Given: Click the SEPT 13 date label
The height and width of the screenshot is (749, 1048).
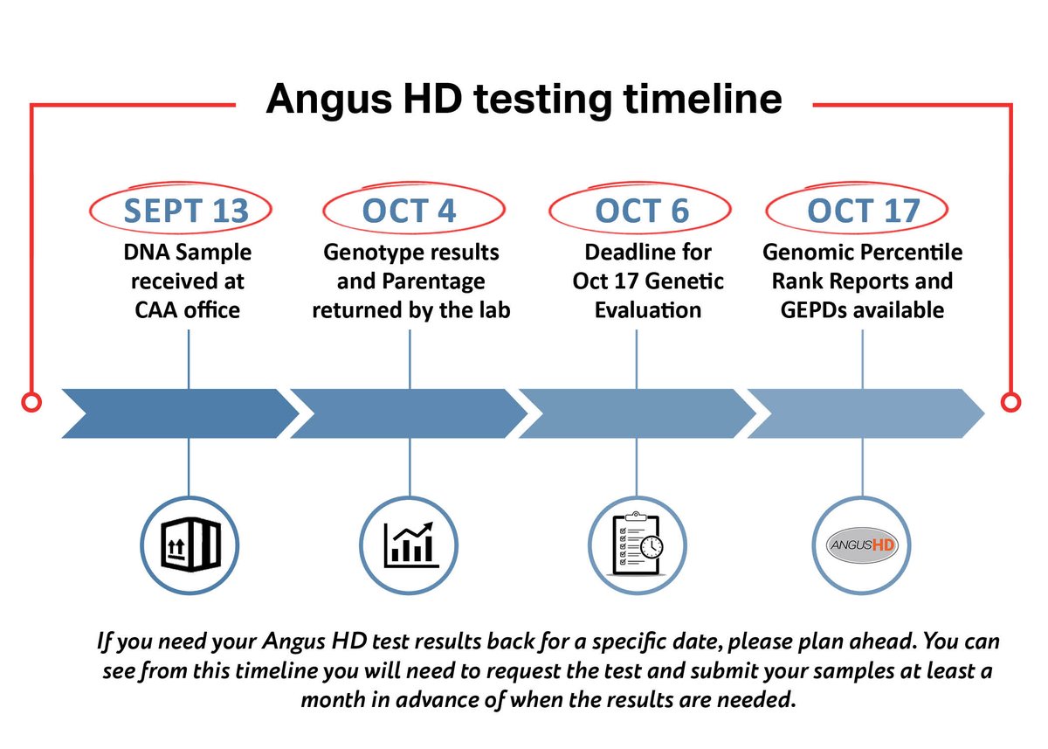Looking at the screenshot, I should click(186, 211).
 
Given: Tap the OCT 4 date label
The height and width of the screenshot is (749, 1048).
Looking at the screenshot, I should click(410, 211).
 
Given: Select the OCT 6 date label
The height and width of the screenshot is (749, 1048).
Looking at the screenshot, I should click(641, 211).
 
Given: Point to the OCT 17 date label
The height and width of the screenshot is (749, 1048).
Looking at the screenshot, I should click(863, 211).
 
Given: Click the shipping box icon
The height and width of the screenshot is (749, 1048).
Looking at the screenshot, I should click(189, 546).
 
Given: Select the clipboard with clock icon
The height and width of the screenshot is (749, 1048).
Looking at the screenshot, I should click(637, 546).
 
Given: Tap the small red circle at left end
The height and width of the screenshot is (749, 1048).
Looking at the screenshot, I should click(31, 402).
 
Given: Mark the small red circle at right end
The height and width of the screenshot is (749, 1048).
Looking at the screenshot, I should click(1010, 402).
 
